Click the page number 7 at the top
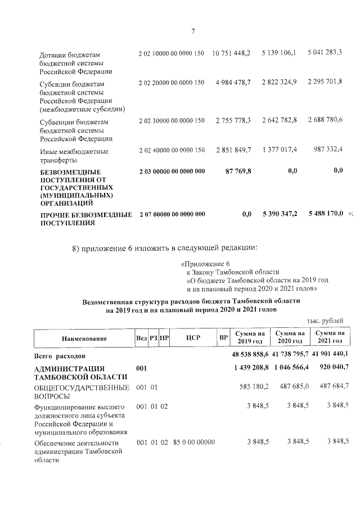click(193, 31)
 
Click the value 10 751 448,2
click(231, 53)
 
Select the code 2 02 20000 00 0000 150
click(171, 83)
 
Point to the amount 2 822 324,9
click(279, 83)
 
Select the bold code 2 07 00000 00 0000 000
click(172, 215)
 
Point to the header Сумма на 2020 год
click(289, 337)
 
